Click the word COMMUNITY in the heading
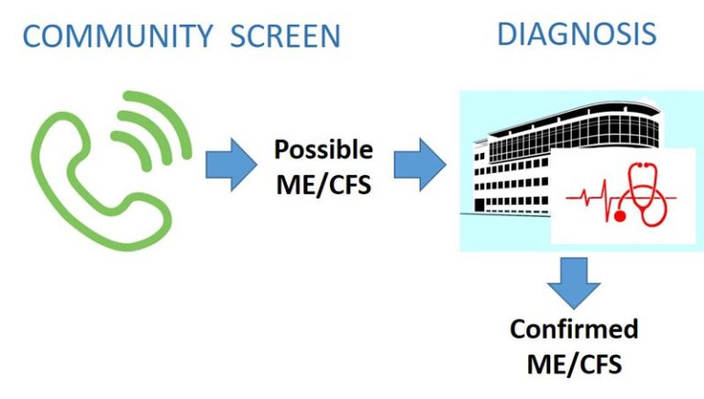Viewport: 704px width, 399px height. point(117,37)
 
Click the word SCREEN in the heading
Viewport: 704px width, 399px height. point(286,37)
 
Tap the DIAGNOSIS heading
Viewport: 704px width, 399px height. point(577,34)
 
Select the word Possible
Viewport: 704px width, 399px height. point(324,150)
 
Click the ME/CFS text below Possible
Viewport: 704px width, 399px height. point(324,185)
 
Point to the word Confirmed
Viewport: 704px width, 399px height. point(574,329)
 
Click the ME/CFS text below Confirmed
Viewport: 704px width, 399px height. point(574,363)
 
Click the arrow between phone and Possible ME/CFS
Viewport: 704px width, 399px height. point(231,165)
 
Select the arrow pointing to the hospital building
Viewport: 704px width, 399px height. point(420,165)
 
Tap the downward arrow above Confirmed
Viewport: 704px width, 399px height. point(574,284)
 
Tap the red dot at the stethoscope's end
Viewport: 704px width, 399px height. point(620,217)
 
